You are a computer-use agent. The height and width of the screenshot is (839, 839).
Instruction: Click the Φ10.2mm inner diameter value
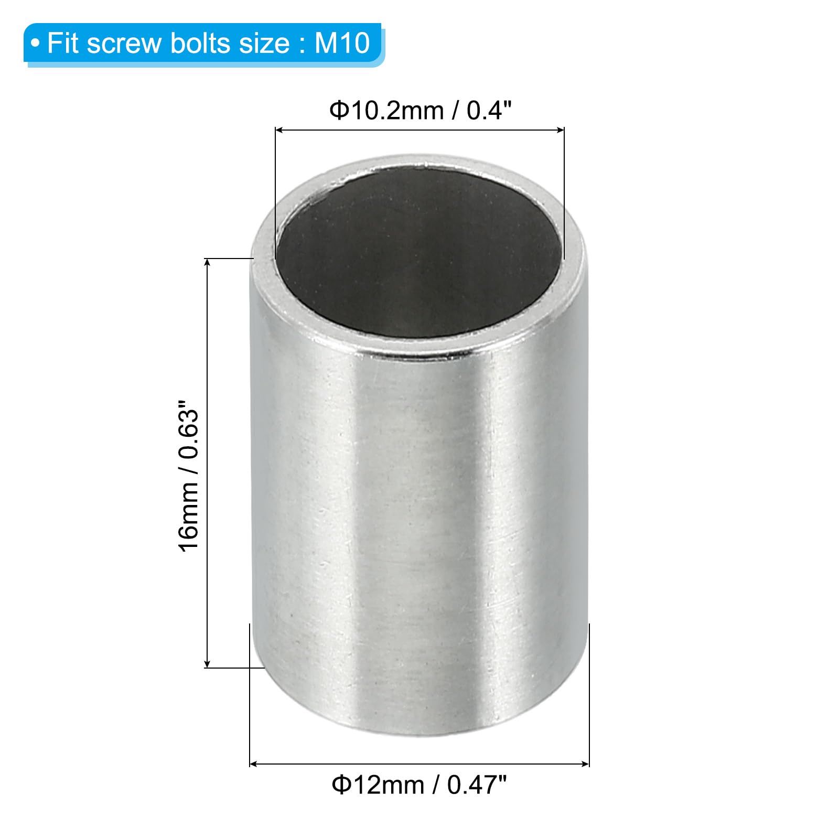(x=386, y=111)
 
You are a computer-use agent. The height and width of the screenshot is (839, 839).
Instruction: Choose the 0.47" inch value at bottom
(x=477, y=784)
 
